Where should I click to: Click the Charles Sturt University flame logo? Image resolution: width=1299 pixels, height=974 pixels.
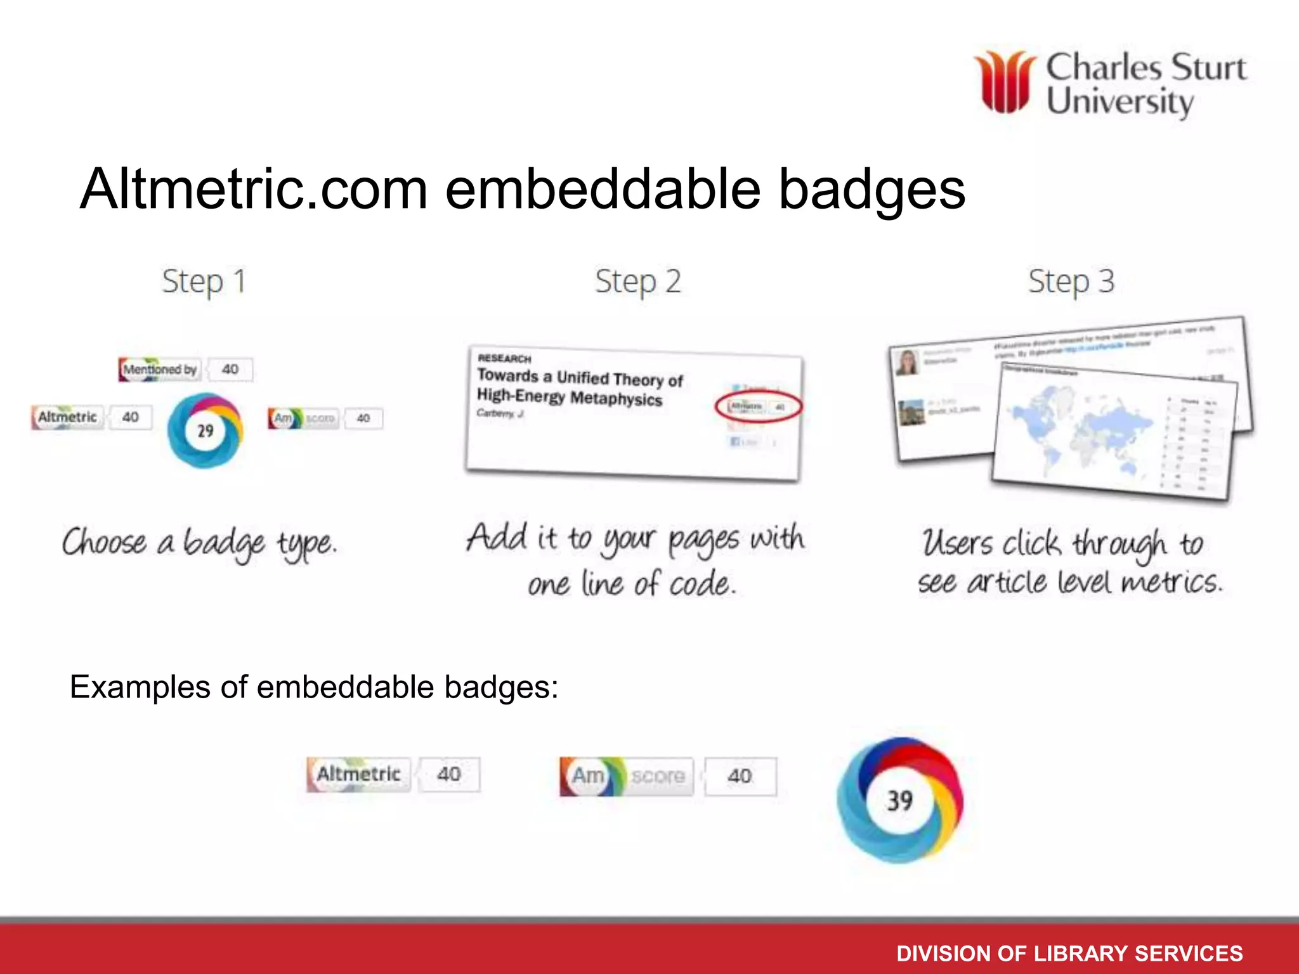[x=1005, y=82]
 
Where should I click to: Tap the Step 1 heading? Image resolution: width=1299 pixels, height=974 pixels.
[x=204, y=282]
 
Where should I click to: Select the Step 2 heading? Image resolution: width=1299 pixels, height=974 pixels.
[x=637, y=282]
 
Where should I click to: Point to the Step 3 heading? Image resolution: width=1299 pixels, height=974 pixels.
[x=1071, y=282]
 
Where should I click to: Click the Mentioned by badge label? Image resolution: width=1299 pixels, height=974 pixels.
[x=160, y=369]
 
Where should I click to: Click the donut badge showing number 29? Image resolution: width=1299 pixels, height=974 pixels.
[x=205, y=431]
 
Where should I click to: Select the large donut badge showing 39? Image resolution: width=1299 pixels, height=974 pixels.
[x=899, y=800]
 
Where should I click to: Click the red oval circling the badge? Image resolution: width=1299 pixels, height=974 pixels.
[x=759, y=406]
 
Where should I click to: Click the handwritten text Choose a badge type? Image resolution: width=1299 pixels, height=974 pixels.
[x=199, y=544]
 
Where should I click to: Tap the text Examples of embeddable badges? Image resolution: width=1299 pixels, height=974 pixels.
[x=314, y=687]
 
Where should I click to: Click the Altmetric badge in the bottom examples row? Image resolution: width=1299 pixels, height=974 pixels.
[x=359, y=774]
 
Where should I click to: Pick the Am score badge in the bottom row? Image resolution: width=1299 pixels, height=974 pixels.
[x=626, y=776]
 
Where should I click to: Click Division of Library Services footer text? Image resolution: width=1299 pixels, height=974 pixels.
[x=1069, y=953]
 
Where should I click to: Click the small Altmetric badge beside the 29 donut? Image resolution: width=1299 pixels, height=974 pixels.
[x=67, y=417]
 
